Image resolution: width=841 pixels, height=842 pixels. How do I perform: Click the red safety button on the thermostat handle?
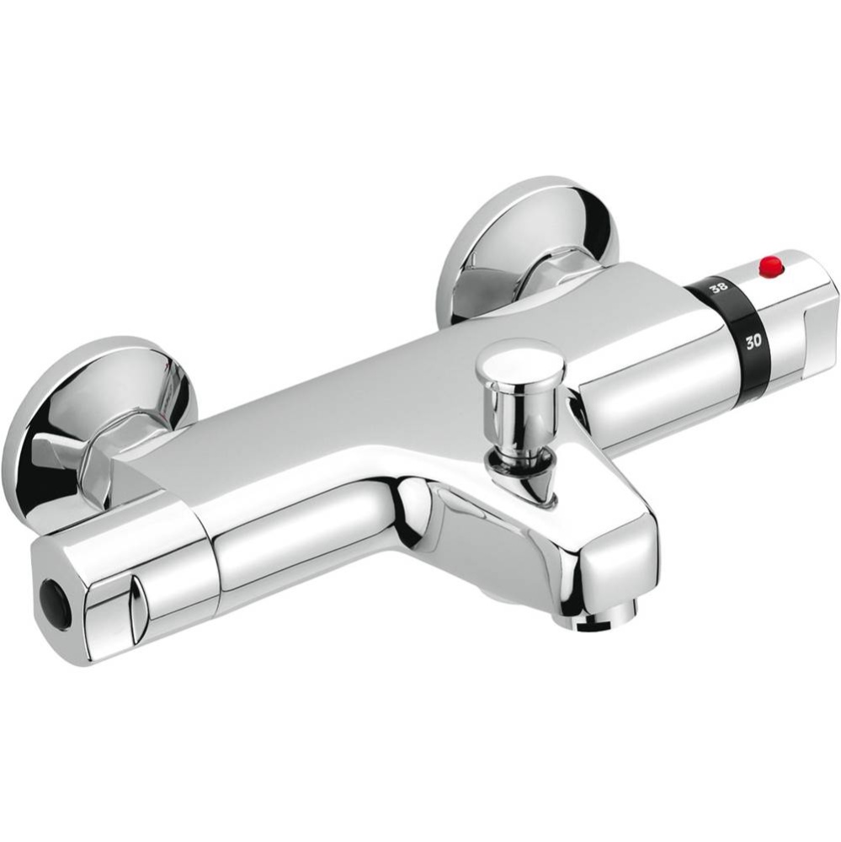770,268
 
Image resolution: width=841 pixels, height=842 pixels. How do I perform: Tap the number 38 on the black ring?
718,289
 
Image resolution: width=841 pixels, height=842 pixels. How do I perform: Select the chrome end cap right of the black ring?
800,320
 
